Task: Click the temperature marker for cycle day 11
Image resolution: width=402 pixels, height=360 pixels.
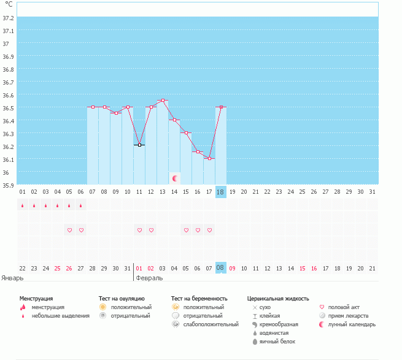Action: pos(139,145)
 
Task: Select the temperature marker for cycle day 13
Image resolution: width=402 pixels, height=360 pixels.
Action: pos(163,100)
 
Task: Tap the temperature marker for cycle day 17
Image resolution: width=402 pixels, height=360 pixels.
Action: pos(209,158)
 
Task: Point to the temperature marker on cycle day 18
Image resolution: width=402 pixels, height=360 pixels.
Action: pos(221,107)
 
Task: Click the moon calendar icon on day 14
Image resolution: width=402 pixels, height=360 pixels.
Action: pos(174,178)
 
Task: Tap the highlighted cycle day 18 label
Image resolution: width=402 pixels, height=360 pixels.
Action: pos(221,191)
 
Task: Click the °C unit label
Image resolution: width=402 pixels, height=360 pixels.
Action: pos(9,5)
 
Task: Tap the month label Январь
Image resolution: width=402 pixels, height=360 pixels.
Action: pos(13,278)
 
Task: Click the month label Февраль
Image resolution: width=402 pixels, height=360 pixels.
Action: pos(150,278)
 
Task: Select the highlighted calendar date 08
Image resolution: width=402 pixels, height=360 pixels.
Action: pos(221,268)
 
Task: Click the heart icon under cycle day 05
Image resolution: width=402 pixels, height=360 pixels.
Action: pos(69,230)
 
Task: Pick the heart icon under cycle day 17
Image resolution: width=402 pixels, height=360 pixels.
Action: pos(209,230)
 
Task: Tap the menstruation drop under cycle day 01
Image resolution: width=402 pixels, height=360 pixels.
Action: pos(23,206)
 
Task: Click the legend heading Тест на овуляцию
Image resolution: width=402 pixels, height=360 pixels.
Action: pos(122,299)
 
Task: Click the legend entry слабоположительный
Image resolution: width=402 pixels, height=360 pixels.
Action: pos(211,324)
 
